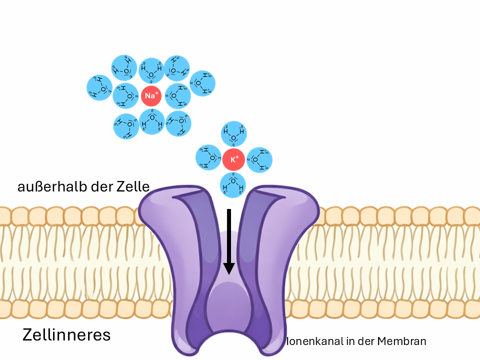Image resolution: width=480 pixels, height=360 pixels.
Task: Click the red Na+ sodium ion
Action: pos(151,95)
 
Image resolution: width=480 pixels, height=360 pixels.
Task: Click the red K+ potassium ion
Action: pos(233,160)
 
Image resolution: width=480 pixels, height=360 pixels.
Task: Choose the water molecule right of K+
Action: pos(259,160)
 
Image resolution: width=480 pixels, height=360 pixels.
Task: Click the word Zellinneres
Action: pos(66,334)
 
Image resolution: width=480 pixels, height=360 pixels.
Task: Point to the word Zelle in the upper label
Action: pos(134,187)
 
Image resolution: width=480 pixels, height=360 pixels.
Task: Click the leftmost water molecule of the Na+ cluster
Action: pos(99,87)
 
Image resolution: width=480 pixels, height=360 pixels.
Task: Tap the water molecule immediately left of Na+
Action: pos(125,95)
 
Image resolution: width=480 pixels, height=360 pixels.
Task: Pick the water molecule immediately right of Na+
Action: pos(177,95)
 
